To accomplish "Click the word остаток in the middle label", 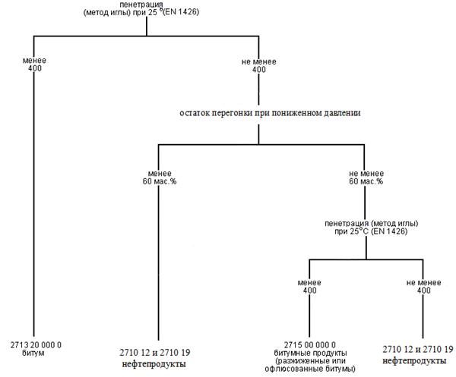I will coord(197,112).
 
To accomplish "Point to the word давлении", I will coord(338,112).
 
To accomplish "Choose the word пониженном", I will coord(292,112).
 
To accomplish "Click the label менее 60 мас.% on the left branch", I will coord(158,178).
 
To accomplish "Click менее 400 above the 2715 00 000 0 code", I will coord(309,286).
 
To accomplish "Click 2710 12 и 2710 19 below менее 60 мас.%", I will coord(157,353).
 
